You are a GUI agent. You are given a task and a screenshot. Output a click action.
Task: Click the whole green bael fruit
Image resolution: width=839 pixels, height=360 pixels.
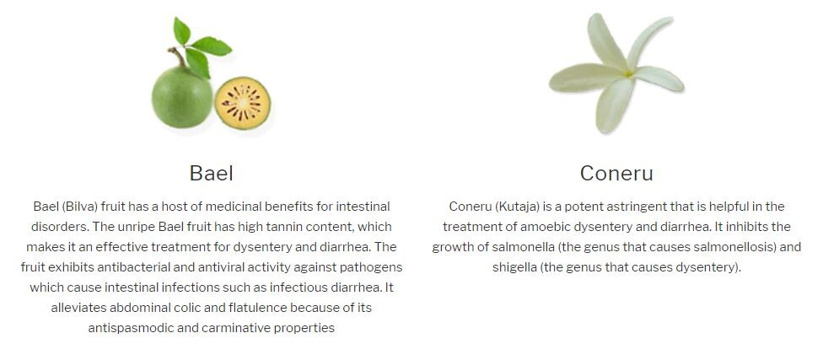click(x=182, y=97)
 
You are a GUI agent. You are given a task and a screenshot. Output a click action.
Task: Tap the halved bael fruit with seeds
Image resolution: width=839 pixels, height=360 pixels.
click(x=242, y=103)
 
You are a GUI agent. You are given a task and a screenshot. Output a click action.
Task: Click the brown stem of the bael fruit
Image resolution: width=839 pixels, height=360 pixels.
click(x=178, y=56)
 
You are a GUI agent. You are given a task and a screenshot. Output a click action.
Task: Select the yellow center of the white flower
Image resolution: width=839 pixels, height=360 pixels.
click(x=628, y=74)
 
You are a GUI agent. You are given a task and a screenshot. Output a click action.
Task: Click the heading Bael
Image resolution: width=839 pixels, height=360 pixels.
click(x=212, y=174)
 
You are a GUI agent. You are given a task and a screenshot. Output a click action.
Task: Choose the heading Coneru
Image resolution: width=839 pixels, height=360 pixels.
click(x=616, y=174)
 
